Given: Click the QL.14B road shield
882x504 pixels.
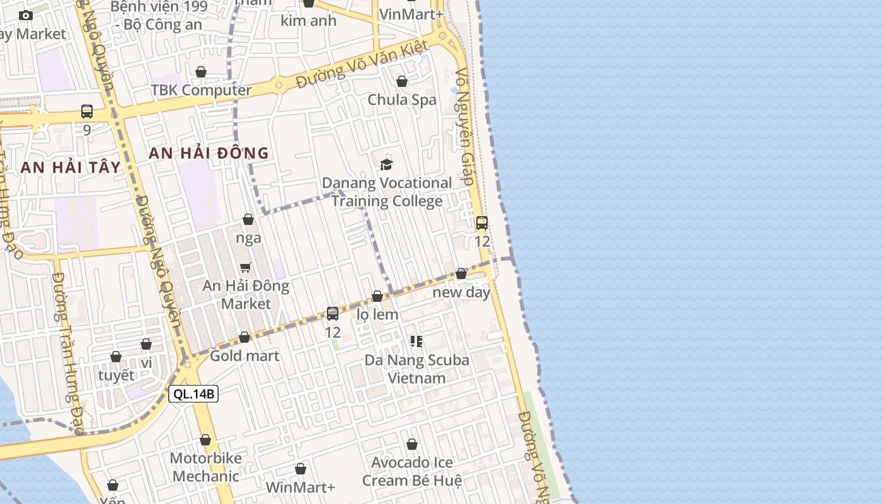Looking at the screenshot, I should (193, 394).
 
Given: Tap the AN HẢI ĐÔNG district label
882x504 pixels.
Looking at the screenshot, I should (209, 153).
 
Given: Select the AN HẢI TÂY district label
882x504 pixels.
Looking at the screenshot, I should (70, 167).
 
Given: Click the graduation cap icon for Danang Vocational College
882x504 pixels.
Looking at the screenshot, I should (386, 165).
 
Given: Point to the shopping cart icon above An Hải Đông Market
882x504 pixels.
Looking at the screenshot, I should (246, 268).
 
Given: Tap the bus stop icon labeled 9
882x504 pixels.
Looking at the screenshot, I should (87, 112).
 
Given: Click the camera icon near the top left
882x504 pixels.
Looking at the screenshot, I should (26, 16).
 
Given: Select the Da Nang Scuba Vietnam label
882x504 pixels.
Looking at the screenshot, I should (416, 369).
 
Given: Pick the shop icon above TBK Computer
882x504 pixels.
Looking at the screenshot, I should (201, 72).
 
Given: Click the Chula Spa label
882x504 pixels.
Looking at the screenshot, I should (401, 100).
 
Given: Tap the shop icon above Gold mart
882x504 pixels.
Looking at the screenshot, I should (244, 338).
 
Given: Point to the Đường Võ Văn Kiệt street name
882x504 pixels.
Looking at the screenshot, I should (362, 64).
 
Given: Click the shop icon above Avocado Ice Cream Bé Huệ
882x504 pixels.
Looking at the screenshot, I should (412, 445).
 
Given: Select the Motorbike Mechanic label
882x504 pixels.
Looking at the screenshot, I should (205, 467).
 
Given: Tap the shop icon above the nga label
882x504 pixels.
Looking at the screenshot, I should (248, 220).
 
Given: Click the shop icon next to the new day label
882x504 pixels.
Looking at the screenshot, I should (461, 273).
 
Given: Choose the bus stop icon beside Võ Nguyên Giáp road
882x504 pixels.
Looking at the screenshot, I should (482, 223).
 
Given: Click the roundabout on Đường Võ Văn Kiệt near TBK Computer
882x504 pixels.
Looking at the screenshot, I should (278, 84).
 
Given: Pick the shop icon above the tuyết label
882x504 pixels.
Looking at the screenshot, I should (116, 357).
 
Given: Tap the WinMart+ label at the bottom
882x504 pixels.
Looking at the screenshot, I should (300, 487).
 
